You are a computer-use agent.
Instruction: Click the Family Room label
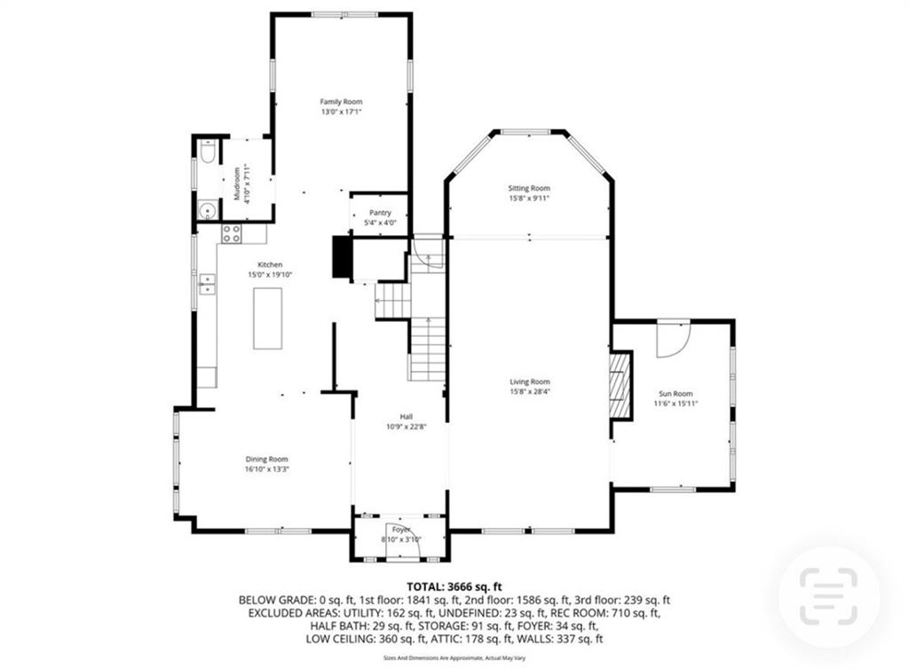[341, 102]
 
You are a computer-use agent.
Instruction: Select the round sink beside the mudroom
[207, 210]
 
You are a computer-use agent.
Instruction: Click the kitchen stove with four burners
[232, 233]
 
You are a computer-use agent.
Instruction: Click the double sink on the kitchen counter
[207, 284]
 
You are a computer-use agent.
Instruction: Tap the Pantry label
[380, 213]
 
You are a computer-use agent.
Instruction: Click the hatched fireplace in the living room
[620, 385]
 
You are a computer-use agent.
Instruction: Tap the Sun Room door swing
[673, 338]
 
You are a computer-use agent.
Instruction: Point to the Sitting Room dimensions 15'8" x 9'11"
[529, 199]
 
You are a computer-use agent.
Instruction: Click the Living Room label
[529, 381]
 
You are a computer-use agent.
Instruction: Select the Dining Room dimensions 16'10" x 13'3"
[267, 468]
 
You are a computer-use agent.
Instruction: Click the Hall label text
[406, 416]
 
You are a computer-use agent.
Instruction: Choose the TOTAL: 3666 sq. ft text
[454, 586]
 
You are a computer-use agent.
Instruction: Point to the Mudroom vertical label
[237, 184]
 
